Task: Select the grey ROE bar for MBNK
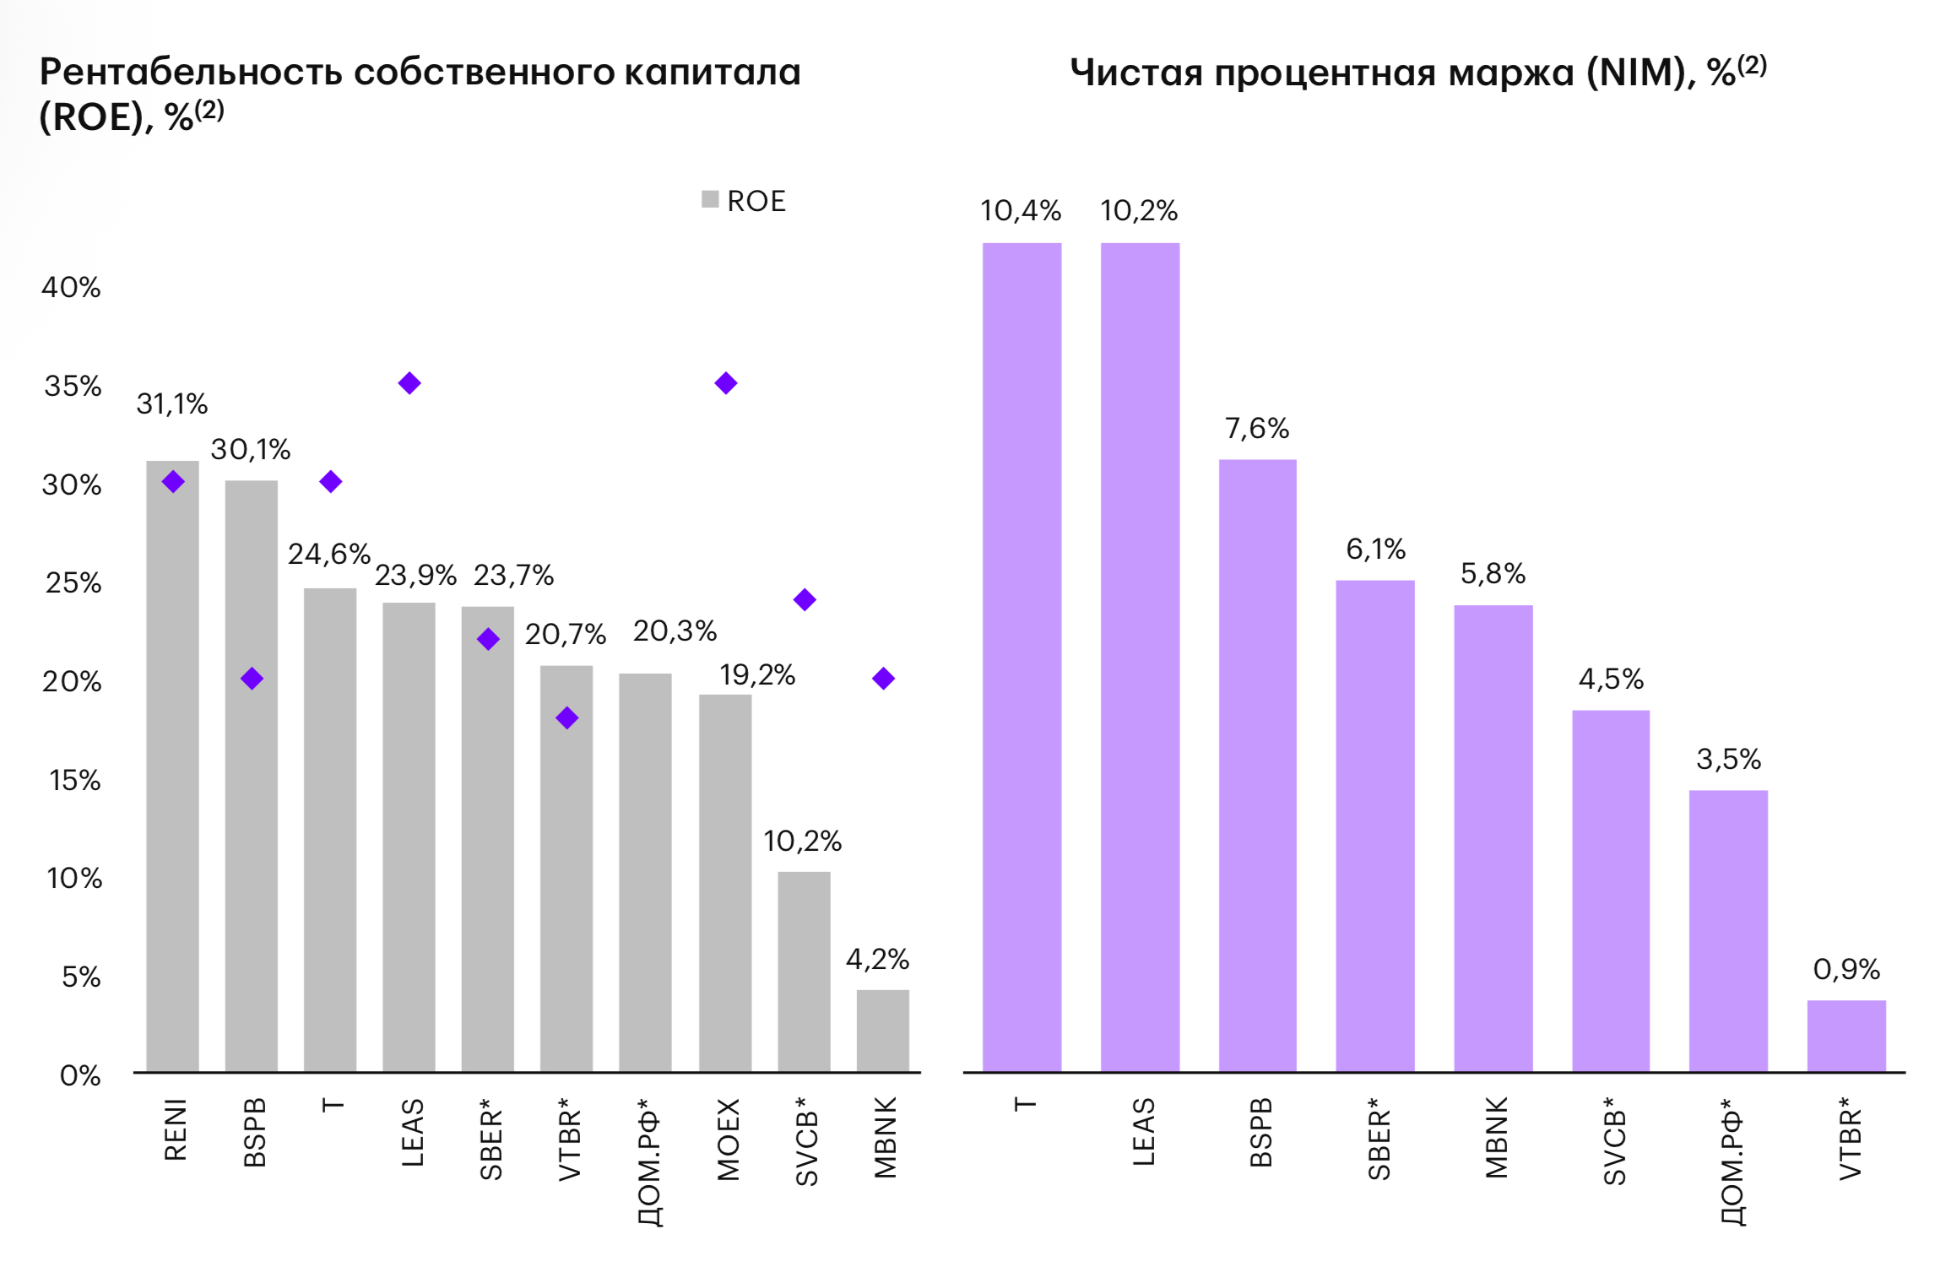pyautogui.click(x=882, y=1031)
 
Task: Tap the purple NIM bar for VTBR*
pyautogui.click(x=1846, y=1036)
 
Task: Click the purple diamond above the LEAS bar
pyautogui.click(x=409, y=383)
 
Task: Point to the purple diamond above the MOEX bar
pyautogui.click(x=726, y=383)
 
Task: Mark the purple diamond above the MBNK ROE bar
pyautogui.click(x=883, y=679)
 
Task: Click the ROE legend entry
pyautogui.click(x=744, y=201)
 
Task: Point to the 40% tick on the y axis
pyautogui.click(x=71, y=288)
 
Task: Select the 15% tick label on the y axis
pyautogui.click(x=74, y=781)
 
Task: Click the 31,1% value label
pyautogui.click(x=172, y=404)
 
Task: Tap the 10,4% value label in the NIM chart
pyautogui.click(x=1021, y=211)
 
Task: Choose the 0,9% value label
pyautogui.click(x=1846, y=969)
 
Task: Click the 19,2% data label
pyautogui.click(x=757, y=675)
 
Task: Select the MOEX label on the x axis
pyautogui.click(x=728, y=1139)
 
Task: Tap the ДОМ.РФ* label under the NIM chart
pyautogui.click(x=1731, y=1161)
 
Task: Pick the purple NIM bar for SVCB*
pyautogui.click(x=1610, y=891)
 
